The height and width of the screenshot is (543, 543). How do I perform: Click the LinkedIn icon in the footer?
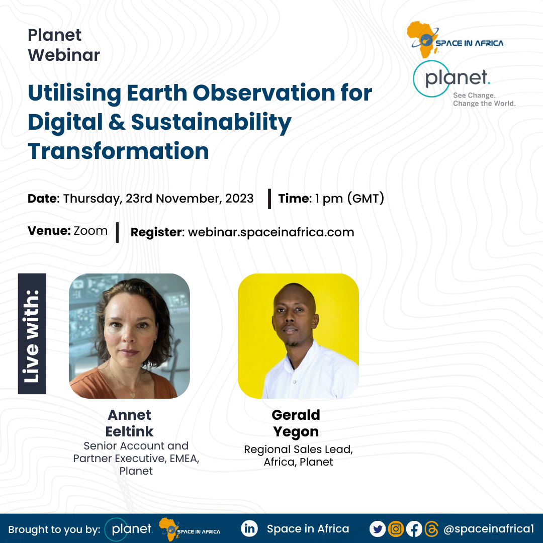pyautogui.click(x=249, y=529)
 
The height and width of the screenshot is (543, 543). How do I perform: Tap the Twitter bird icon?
pyautogui.click(x=378, y=529)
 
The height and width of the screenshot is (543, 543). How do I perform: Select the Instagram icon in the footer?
pyautogui.click(x=396, y=529)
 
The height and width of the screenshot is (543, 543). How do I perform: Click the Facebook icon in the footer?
pyautogui.click(x=414, y=529)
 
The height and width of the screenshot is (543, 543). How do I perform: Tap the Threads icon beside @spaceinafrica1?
pyautogui.click(x=431, y=529)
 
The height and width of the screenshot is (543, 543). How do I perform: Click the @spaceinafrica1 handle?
pyautogui.click(x=489, y=529)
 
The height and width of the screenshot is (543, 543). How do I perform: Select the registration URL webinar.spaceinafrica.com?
pyautogui.click(x=271, y=232)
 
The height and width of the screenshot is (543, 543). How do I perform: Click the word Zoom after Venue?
pyautogui.click(x=90, y=231)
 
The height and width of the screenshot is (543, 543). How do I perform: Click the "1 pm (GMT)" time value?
pyautogui.click(x=349, y=199)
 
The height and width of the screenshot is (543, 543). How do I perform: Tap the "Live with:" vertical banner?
pyautogui.click(x=32, y=333)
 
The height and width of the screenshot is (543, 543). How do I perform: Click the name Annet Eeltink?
pyautogui.click(x=130, y=423)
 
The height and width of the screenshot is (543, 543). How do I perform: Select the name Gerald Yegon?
pyautogui.click(x=296, y=423)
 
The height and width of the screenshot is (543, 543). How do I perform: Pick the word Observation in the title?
pyautogui.click(x=263, y=93)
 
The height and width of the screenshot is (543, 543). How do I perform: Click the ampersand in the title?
pyautogui.click(x=117, y=122)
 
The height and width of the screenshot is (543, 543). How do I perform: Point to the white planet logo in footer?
pyautogui.click(x=129, y=529)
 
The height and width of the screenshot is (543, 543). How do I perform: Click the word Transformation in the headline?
pyautogui.click(x=119, y=151)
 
